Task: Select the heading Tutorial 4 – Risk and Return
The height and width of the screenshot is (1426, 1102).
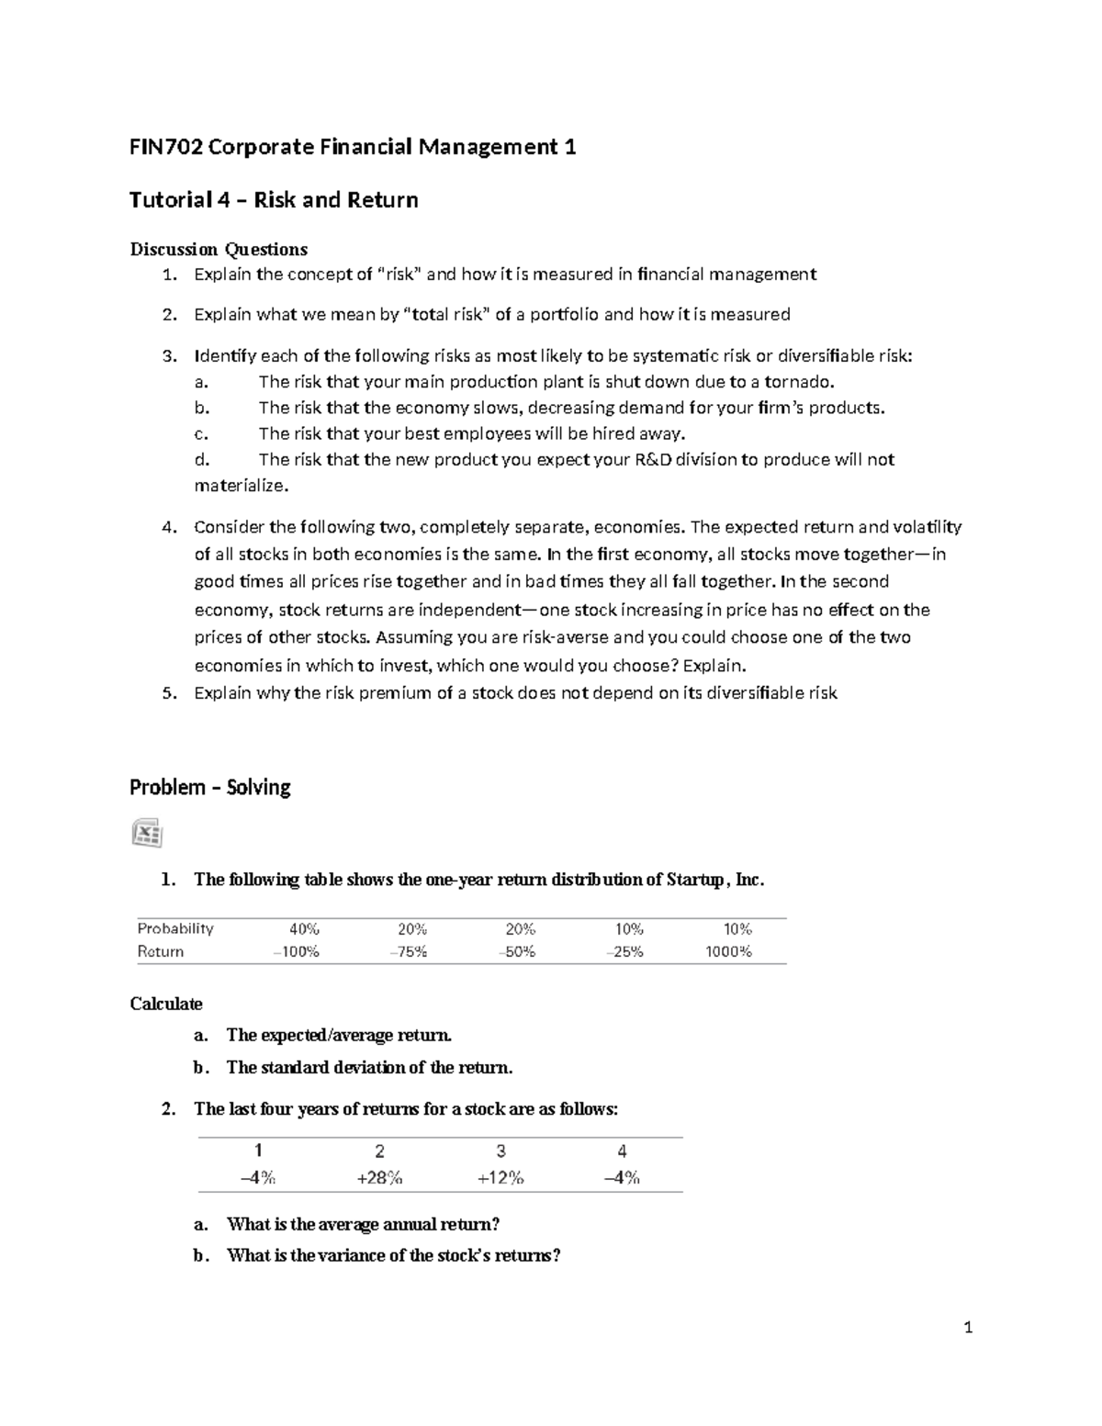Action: pyautogui.click(x=274, y=200)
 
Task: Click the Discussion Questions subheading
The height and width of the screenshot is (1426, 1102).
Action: pyautogui.click(x=219, y=249)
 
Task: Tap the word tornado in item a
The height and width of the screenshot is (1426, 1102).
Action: pyautogui.click(x=798, y=382)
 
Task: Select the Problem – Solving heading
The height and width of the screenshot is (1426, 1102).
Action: pyautogui.click(x=209, y=787)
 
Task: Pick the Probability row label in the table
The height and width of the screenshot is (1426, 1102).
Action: pyautogui.click(x=175, y=928)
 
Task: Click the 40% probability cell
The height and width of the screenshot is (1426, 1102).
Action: pyautogui.click(x=305, y=928)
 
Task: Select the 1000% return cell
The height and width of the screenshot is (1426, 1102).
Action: pyautogui.click(x=728, y=951)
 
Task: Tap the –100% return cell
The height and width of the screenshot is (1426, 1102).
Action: pyautogui.click(x=296, y=951)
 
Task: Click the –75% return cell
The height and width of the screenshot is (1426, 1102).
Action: pyautogui.click(x=409, y=951)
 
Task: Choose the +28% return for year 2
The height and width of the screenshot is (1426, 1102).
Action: pyautogui.click(x=379, y=1178)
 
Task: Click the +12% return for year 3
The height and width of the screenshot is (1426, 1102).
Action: pyautogui.click(x=500, y=1178)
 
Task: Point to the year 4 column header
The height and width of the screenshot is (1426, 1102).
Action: pyautogui.click(x=622, y=1151)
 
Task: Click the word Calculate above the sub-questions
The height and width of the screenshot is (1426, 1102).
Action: pyautogui.click(x=166, y=1004)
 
